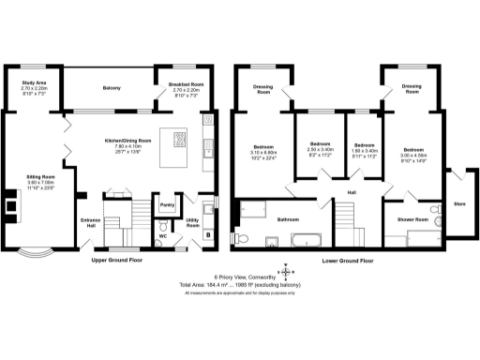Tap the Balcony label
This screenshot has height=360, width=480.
(x=112, y=88)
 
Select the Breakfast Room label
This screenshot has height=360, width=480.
(x=186, y=83)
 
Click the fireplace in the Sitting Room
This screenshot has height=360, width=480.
(x=10, y=202)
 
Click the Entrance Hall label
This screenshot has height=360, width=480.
(x=89, y=223)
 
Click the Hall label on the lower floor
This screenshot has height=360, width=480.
(x=352, y=192)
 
